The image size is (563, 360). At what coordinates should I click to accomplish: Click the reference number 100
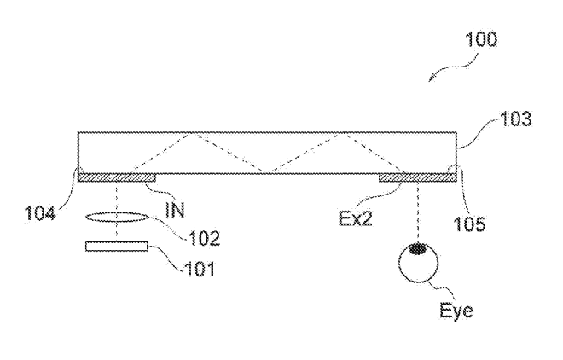click(481, 39)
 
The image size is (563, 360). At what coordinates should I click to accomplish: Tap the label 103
click(515, 119)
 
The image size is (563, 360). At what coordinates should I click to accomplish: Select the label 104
click(40, 213)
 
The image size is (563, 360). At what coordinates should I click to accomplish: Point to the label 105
click(469, 224)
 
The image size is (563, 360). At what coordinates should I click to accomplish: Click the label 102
click(205, 238)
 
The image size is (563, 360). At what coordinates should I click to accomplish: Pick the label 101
click(200, 269)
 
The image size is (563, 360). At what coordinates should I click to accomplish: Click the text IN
click(175, 210)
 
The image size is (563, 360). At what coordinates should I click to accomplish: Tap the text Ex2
click(356, 218)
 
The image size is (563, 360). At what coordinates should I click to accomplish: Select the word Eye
click(456, 311)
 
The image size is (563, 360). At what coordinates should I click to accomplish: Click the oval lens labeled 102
click(117, 218)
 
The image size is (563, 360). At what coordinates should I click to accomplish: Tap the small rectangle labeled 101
click(117, 247)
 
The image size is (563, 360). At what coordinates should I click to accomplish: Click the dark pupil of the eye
click(418, 249)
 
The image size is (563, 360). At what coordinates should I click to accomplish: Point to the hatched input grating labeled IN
click(117, 177)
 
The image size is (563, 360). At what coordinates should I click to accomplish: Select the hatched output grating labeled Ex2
click(418, 177)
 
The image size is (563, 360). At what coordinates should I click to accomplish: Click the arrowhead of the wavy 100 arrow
click(430, 81)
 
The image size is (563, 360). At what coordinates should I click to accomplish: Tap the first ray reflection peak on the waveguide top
click(194, 134)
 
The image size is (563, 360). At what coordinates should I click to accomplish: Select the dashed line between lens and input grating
click(117, 197)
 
